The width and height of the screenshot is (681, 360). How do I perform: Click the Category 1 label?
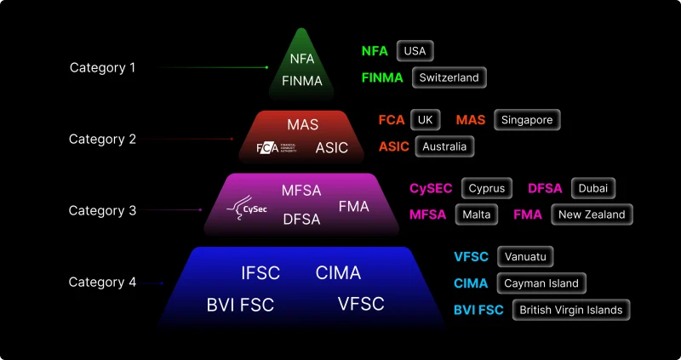coord(102,68)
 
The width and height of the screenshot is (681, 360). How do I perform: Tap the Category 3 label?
coord(102,210)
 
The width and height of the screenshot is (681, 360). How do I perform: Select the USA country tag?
coord(415,51)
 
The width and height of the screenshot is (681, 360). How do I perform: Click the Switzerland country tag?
coord(449,77)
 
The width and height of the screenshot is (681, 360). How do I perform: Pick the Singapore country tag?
coord(527,120)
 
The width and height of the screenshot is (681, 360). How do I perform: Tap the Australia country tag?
coord(444,146)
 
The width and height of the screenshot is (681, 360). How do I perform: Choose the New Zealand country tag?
coord(592,214)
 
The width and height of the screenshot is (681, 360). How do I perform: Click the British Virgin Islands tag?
coord(570,310)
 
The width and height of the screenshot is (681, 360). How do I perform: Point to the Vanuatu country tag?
coord(525,257)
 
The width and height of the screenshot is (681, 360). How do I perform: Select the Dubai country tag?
coord(592,188)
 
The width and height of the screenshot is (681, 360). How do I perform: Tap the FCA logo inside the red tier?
coord(276,148)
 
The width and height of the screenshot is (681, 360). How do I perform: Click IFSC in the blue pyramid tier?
coord(260,273)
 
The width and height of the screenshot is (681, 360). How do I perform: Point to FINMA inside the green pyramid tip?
coord(302,81)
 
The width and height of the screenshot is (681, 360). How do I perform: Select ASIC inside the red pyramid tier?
coord(332,147)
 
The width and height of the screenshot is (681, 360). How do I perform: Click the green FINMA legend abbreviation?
coord(382,77)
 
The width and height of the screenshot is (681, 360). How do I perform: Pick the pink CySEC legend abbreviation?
coord(431,188)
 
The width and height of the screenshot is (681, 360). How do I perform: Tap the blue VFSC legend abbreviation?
coord(472,257)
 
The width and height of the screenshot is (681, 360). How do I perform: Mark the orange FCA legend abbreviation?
coord(392,120)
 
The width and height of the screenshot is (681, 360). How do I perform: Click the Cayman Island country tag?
coord(541,283)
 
